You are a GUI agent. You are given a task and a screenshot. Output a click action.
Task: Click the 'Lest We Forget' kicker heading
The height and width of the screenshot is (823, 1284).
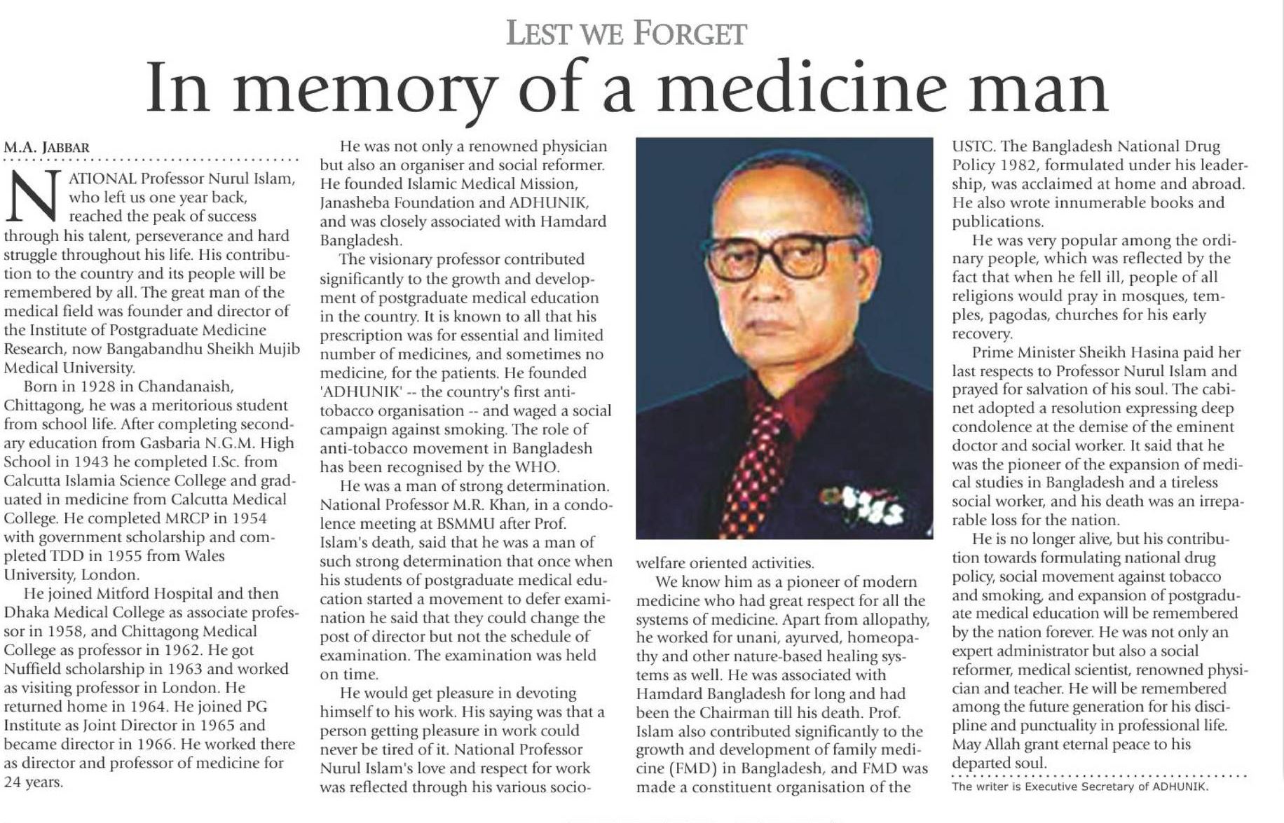point(626,34)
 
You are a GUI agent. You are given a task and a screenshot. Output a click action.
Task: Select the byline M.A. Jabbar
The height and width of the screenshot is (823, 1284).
point(47,148)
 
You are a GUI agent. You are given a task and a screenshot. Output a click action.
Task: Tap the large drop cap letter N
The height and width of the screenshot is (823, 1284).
point(33,197)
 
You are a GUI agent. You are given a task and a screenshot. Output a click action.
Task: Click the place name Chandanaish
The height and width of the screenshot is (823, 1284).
point(185,387)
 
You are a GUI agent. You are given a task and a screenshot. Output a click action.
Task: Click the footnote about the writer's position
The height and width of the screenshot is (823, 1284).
point(1079,787)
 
